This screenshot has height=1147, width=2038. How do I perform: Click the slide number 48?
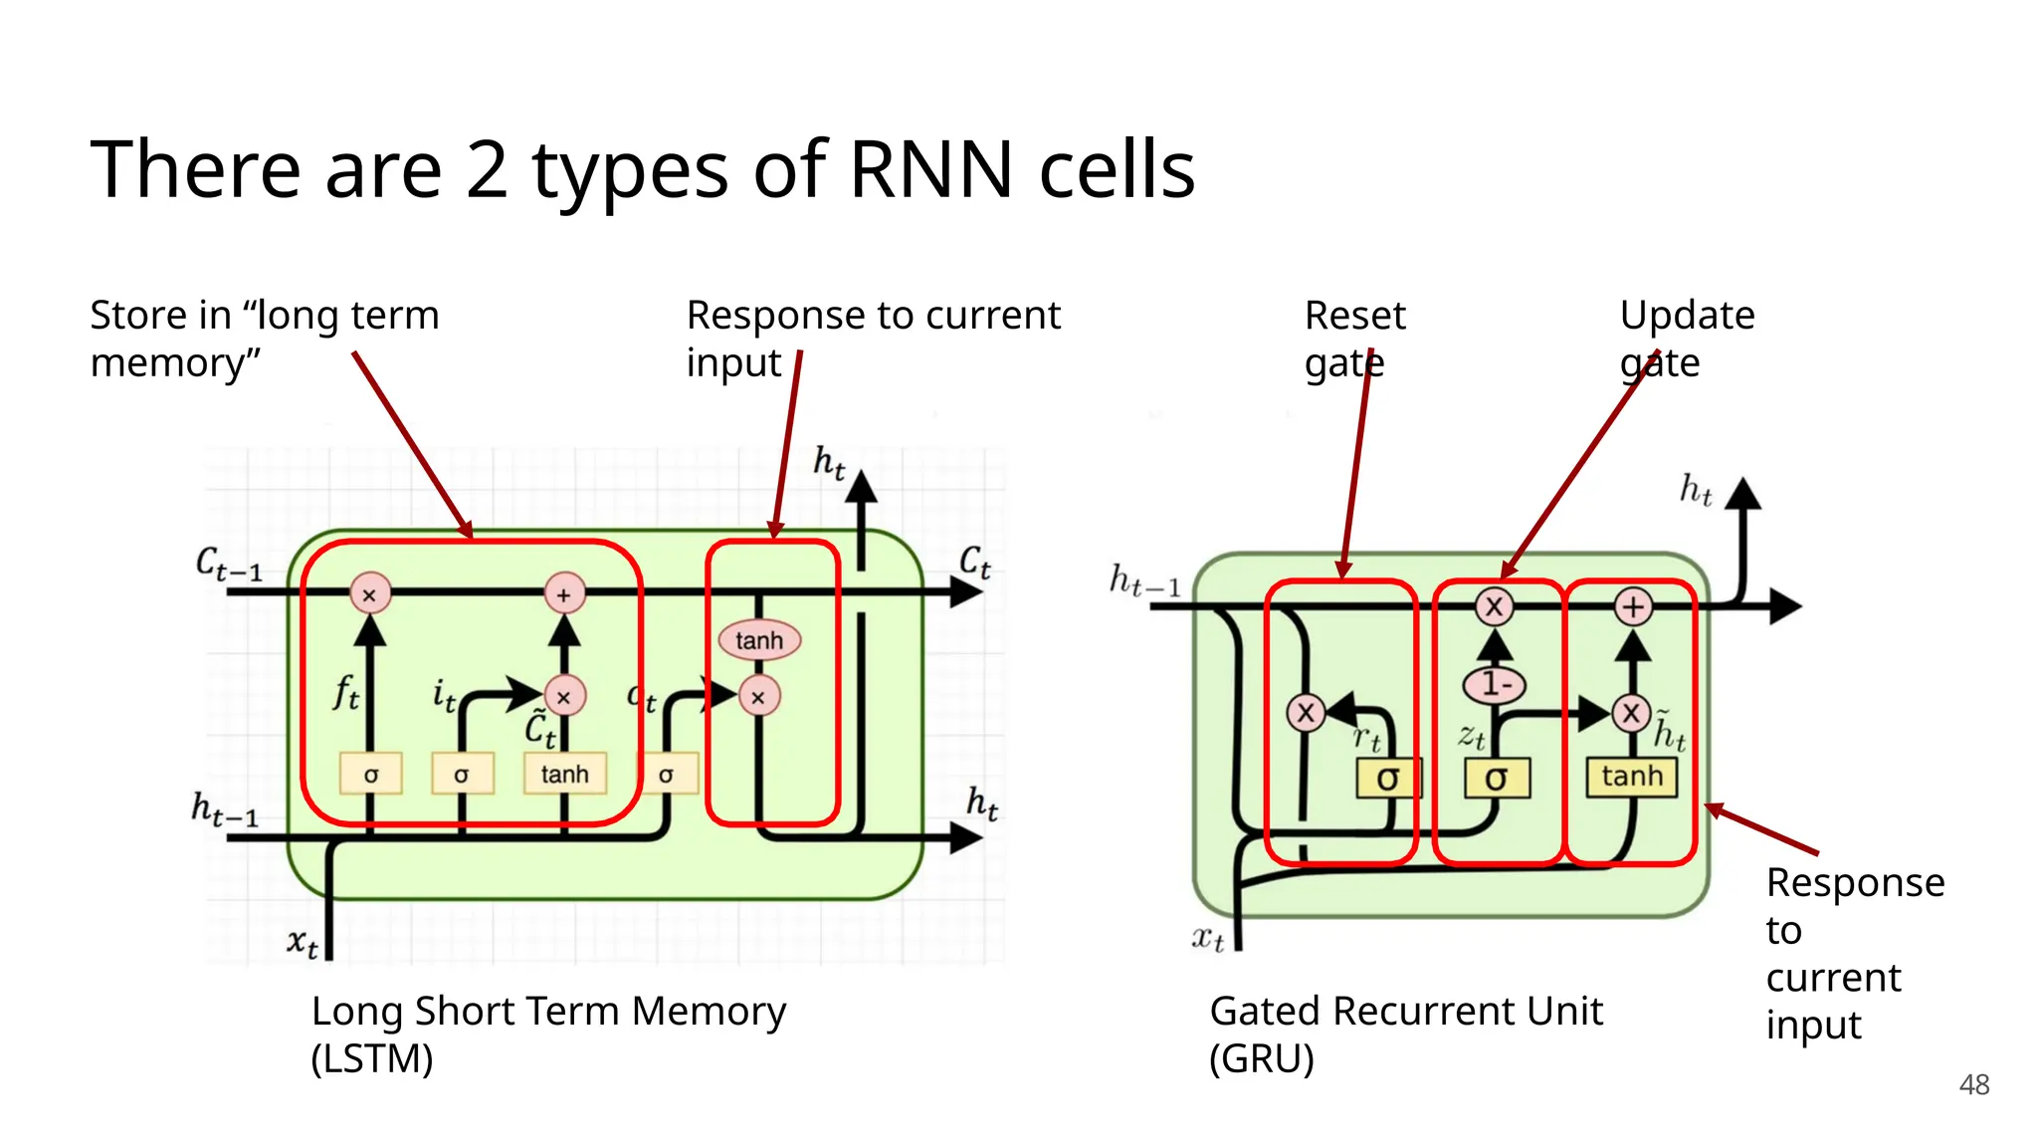(x=1973, y=1084)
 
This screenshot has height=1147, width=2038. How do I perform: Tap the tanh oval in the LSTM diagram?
(x=759, y=640)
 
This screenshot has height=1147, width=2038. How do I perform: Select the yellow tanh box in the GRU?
(x=1632, y=777)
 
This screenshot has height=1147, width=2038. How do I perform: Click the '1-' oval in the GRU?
(x=1495, y=684)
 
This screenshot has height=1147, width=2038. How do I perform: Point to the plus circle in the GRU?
(x=1633, y=606)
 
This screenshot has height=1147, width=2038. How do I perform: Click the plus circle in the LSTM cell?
(x=564, y=594)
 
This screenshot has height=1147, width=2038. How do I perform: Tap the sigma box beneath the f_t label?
(x=370, y=774)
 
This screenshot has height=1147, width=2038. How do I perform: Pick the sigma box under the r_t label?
(x=1388, y=779)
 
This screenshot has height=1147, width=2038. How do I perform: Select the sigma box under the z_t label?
(x=1496, y=779)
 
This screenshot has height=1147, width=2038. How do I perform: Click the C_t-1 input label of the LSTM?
(x=228, y=565)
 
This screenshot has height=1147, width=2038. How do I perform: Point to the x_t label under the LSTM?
(x=303, y=941)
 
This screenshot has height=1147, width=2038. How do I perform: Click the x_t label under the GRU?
(x=1207, y=938)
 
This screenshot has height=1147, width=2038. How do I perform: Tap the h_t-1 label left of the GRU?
(x=1144, y=579)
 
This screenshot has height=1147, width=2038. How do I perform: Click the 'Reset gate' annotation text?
(x=1353, y=339)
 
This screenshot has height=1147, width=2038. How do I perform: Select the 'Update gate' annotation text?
(x=1686, y=339)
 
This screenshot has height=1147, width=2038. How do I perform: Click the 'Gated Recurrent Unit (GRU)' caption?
(x=1404, y=1033)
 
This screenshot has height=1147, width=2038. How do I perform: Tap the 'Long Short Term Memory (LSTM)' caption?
(x=547, y=1033)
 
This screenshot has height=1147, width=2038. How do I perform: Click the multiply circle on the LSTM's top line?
(x=369, y=594)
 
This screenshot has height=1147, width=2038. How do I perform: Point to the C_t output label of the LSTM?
(x=974, y=563)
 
